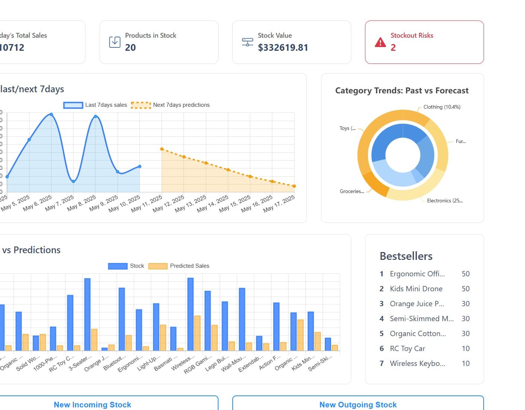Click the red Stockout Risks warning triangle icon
click(x=380, y=42)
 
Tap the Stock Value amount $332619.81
click(x=283, y=48)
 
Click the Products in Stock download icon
click(x=114, y=42)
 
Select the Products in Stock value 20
click(x=130, y=48)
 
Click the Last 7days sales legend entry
click(x=95, y=105)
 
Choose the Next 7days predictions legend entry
click(x=170, y=105)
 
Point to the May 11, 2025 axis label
click(x=147, y=204)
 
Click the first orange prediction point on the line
click(x=162, y=149)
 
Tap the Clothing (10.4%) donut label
click(x=441, y=107)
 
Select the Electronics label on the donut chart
click(x=444, y=201)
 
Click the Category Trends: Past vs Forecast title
click(x=402, y=91)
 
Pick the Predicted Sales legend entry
click(x=179, y=266)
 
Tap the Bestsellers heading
click(x=406, y=256)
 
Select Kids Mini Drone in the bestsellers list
click(x=416, y=289)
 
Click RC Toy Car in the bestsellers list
click(x=407, y=348)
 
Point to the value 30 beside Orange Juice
click(x=465, y=304)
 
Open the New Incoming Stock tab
click(x=92, y=405)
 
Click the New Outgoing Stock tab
click(x=358, y=405)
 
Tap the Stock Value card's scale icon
click(x=247, y=42)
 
